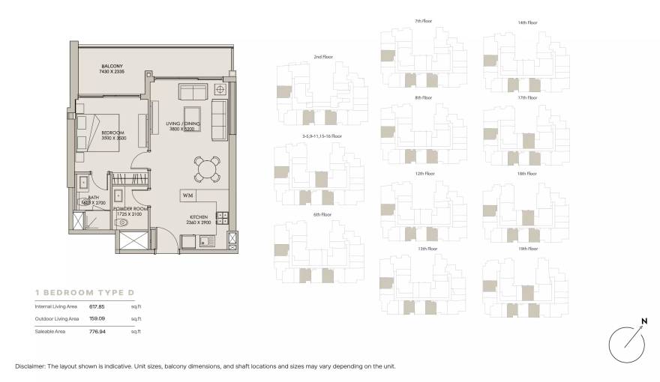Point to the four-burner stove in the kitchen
tap(223, 218)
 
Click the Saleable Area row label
tap(50, 330)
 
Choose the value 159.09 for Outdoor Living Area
tap(97, 318)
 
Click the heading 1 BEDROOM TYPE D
tap(84, 291)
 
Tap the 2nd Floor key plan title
tap(322, 57)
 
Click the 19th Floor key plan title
tap(528, 249)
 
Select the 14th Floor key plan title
tap(528, 22)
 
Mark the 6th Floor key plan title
tap(322, 214)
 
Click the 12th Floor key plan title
tap(424, 173)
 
